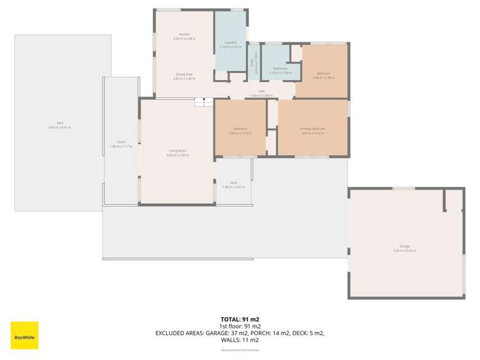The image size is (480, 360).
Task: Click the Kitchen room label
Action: pyautogui.click(x=185, y=34)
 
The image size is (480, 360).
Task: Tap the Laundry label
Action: pyautogui.click(x=231, y=42)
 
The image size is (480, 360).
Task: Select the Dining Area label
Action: pyautogui.click(x=185, y=74)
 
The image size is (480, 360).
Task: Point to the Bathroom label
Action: pyautogui.click(x=280, y=68)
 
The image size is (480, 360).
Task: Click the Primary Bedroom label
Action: pyautogui.click(x=313, y=129)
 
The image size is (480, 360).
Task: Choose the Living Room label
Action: pyautogui.click(x=178, y=151)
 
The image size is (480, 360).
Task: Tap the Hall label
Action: pyautogui.click(x=261, y=91)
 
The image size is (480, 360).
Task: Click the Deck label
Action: pyautogui.click(x=233, y=182)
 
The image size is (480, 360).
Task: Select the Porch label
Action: pyautogui.click(x=120, y=142)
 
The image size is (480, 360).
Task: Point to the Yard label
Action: pyautogui.click(x=60, y=123)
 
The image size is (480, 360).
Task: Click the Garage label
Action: pyautogui.click(x=404, y=246)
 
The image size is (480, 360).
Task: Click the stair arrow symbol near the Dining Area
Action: pyautogui.click(x=204, y=100)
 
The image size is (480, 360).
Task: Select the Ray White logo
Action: pyautogui.click(x=24, y=335)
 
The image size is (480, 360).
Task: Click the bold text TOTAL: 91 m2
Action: pyautogui.click(x=240, y=319)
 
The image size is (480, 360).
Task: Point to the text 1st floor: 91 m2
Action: pyautogui.click(x=240, y=326)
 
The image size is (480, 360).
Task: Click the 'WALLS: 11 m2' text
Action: pyautogui.click(x=240, y=340)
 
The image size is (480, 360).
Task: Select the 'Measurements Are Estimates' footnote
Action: pyautogui.click(x=240, y=350)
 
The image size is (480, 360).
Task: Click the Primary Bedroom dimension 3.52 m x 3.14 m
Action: pyautogui.click(x=313, y=133)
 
